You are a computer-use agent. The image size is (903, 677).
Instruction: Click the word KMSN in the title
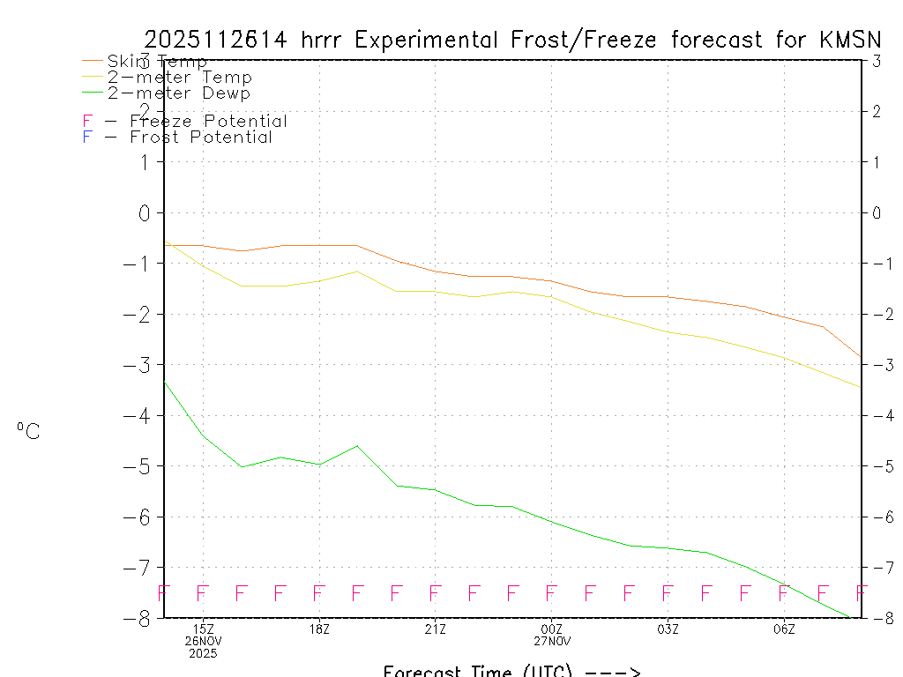tap(850, 40)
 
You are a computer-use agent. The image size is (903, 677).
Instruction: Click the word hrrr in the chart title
tap(325, 40)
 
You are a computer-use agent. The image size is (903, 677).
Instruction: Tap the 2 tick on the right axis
tap(877, 111)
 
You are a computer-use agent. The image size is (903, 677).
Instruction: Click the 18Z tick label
tap(319, 629)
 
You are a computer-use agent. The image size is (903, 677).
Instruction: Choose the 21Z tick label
tap(435, 629)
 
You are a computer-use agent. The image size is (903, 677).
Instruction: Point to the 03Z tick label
tap(668, 629)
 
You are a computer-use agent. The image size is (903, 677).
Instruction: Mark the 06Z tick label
tap(784, 629)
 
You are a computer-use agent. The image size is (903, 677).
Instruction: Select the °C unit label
tap(28, 431)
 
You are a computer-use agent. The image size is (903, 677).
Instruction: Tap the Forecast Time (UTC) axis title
tap(511, 671)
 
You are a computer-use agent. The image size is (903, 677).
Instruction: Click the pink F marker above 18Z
tap(319, 592)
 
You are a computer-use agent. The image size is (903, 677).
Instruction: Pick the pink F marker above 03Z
tap(668, 592)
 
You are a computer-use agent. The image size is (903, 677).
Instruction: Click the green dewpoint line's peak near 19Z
tap(357, 445)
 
